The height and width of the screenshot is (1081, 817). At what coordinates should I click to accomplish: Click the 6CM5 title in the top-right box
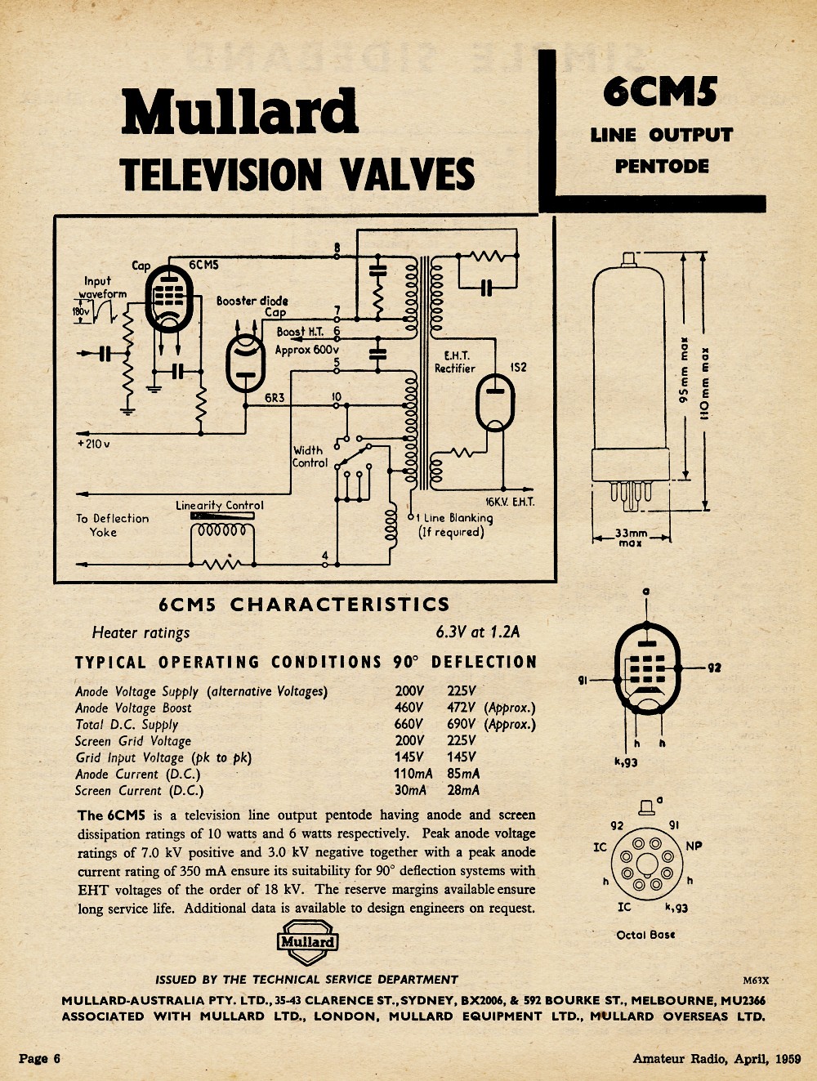pyautogui.click(x=660, y=92)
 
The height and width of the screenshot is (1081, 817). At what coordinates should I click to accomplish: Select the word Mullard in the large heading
pyautogui.click(x=240, y=111)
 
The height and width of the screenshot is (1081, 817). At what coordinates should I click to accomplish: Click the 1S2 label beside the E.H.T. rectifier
pyautogui.click(x=519, y=367)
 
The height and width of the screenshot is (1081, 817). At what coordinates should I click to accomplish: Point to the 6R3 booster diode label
pyautogui.click(x=275, y=397)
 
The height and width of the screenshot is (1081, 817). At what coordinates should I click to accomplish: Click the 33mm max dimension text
pyautogui.click(x=631, y=538)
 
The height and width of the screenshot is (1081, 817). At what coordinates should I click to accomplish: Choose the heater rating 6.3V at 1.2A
pyautogui.click(x=477, y=632)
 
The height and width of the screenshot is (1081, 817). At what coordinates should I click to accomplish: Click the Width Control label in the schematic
pyautogui.click(x=310, y=457)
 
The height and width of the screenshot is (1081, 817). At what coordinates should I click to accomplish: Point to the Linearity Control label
pyautogui.click(x=220, y=505)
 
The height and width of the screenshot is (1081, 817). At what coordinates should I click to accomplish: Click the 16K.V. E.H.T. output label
pyautogui.click(x=510, y=503)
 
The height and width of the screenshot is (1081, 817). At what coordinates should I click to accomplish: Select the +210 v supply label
pyautogui.click(x=94, y=444)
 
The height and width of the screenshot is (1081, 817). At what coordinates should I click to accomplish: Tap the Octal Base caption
pyautogui.click(x=645, y=934)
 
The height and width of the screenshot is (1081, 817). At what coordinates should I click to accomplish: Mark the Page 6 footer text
pyautogui.click(x=39, y=1058)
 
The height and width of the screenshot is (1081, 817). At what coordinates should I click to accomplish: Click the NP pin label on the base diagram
pyautogui.click(x=694, y=846)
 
